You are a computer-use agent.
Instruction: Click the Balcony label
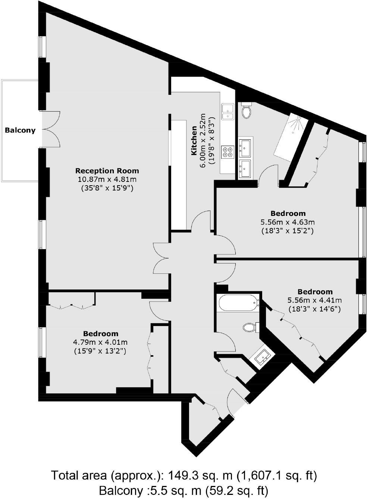pyautogui.click(x=20, y=130)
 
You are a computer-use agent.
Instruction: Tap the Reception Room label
pyautogui.click(x=107, y=171)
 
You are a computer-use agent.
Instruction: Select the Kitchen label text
pyautogui.click(x=194, y=141)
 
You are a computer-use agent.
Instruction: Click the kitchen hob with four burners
pyautogui.click(x=228, y=152)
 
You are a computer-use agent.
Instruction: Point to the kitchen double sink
pyautogui.click(x=228, y=112)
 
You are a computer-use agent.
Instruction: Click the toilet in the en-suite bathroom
pyautogui.click(x=246, y=111)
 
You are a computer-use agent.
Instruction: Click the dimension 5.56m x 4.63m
pyautogui.click(x=288, y=222)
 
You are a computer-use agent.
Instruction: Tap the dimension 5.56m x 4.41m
pyautogui.click(x=314, y=300)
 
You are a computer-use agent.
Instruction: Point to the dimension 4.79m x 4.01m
pyautogui.click(x=100, y=342)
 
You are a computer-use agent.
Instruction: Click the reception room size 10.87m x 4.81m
pyautogui.click(x=107, y=180)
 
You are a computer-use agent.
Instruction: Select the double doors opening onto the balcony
pyautogui.click(x=51, y=129)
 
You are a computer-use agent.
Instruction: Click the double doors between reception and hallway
pyautogui.click(x=161, y=258)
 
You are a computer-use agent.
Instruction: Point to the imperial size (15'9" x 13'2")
pyautogui.click(x=100, y=351)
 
